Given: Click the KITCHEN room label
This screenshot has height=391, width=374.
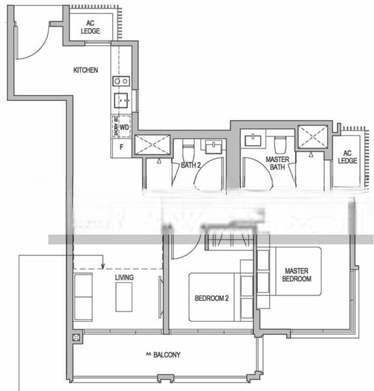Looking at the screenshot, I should [x=85, y=70].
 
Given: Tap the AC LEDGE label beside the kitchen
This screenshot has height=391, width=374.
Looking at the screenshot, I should [x=91, y=27].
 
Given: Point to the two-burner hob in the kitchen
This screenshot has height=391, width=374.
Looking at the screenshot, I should [x=121, y=81].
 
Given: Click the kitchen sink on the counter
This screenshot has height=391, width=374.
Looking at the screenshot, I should [x=121, y=100].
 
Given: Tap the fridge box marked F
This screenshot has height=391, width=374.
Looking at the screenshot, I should [x=121, y=147].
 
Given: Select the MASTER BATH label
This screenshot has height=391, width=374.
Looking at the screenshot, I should [x=278, y=163].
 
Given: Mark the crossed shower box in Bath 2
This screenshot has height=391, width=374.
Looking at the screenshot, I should [x=152, y=145].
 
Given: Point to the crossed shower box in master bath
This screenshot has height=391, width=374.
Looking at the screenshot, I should [x=313, y=137].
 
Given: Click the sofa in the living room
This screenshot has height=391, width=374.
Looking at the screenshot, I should [x=83, y=297].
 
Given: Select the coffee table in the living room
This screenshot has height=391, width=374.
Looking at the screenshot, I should [x=124, y=297].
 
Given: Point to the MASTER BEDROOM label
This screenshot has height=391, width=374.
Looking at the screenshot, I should [x=296, y=274].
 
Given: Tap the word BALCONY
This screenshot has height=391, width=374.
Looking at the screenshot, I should [x=163, y=355].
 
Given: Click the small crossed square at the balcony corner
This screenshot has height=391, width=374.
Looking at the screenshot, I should [x=77, y=338].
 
